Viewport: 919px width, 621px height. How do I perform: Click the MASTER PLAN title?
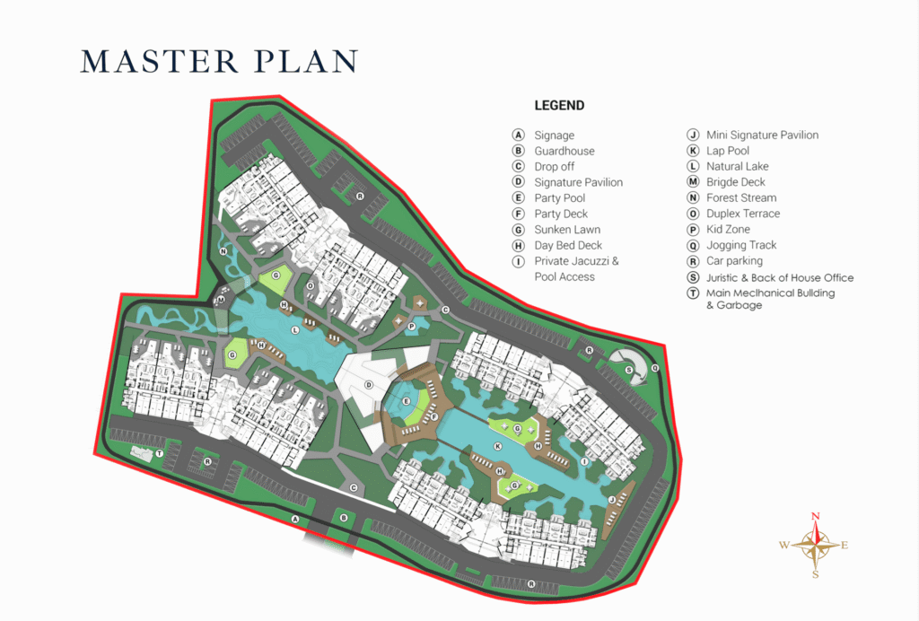click(219, 61)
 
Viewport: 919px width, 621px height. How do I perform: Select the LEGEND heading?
click(559, 106)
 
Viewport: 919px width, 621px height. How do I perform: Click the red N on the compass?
click(815, 516)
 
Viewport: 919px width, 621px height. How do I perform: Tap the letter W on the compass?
click(783, 545)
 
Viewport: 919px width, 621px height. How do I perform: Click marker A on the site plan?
click(295, 519)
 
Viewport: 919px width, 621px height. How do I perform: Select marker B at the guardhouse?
click(344, 517)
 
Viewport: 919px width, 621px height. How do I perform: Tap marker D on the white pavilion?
click(369, 385)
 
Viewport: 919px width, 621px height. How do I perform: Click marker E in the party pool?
click(407, 401)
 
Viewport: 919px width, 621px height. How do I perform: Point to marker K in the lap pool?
click(498, 446)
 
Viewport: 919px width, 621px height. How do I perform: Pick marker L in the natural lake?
click(294, 330)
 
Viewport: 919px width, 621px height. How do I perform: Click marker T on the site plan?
click(160, 453)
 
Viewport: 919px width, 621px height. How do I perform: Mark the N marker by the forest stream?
click(223, 251)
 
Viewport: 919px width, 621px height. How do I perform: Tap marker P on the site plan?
click(411, 327)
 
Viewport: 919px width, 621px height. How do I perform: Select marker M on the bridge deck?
click(221, 301)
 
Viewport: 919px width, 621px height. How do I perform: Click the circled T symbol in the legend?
click(694, 293)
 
